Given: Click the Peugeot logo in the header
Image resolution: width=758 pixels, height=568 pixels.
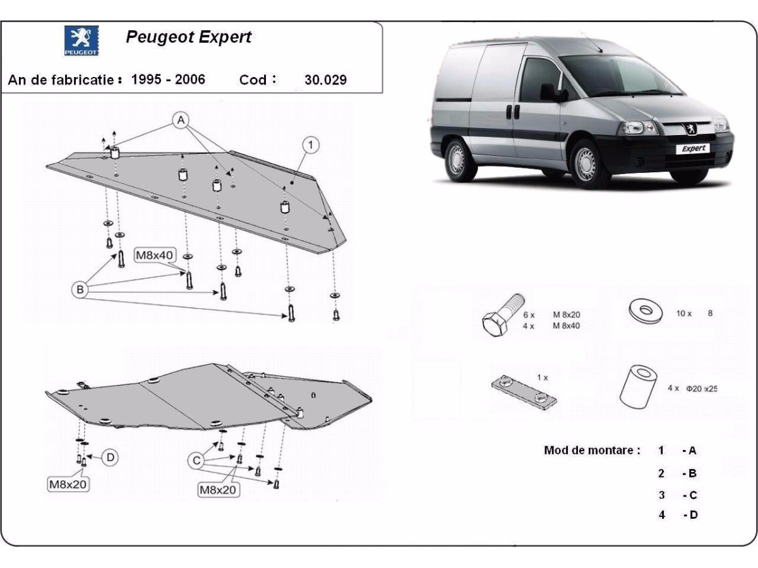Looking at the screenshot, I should (81, 40).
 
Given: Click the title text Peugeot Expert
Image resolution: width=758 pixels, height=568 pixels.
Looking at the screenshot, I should (188, 37).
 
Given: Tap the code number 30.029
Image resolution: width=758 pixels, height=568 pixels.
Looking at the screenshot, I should (325, 80).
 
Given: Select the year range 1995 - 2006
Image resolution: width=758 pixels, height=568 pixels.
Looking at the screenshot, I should (168, 80).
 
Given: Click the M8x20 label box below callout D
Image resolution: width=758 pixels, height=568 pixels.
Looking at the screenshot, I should (68, 485).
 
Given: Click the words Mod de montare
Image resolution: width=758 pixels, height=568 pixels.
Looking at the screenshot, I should (592, 451).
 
